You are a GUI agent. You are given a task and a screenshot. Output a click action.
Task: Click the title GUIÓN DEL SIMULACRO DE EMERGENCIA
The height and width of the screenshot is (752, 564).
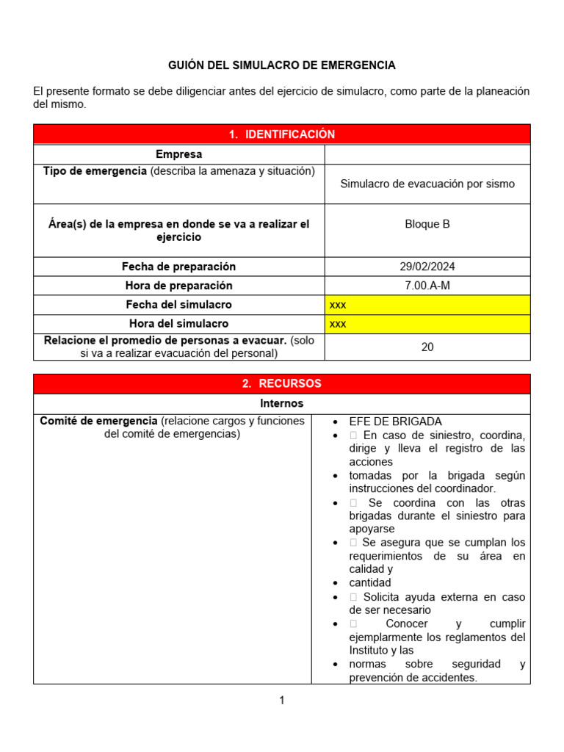(281, 65)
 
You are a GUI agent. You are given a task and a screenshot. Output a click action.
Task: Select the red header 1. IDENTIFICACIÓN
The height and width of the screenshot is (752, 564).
(281, 134)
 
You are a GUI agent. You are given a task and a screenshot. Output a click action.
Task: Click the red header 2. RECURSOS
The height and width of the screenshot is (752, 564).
(281, 383)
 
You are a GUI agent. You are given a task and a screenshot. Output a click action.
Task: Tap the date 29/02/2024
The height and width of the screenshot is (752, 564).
(427, 267)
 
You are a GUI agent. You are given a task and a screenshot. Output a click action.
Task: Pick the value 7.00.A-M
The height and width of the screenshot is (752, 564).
(427, 286)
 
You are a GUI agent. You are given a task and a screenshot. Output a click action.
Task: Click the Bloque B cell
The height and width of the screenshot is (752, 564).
(427, 224)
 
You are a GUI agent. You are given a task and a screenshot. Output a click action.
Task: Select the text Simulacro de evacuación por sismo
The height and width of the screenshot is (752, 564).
(427, 184)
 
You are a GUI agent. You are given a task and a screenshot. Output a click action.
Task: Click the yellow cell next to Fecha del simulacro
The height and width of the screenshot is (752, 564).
(427, 305)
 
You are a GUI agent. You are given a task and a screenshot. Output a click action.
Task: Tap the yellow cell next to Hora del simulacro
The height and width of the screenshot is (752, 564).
(427, 324)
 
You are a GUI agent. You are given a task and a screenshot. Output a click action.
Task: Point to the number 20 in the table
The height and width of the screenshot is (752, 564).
(427, 347)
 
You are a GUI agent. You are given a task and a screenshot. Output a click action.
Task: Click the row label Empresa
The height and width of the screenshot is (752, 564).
(178, 154)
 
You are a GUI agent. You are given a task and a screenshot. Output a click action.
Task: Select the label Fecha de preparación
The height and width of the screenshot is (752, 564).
(178, 267)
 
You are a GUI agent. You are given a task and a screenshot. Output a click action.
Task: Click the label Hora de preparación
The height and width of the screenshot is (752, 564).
(178, 286)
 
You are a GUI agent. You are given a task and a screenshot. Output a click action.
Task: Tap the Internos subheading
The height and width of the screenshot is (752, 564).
(281, 403)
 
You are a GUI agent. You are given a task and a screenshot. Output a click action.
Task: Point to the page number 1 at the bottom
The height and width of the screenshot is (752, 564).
(281, 701)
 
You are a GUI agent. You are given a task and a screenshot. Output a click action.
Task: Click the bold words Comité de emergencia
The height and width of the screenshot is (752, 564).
(98, 421)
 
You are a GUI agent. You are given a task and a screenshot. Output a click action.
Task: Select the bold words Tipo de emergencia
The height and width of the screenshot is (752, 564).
(95, 171)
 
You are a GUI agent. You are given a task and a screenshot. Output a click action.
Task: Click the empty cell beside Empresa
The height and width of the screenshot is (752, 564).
(427, 154)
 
